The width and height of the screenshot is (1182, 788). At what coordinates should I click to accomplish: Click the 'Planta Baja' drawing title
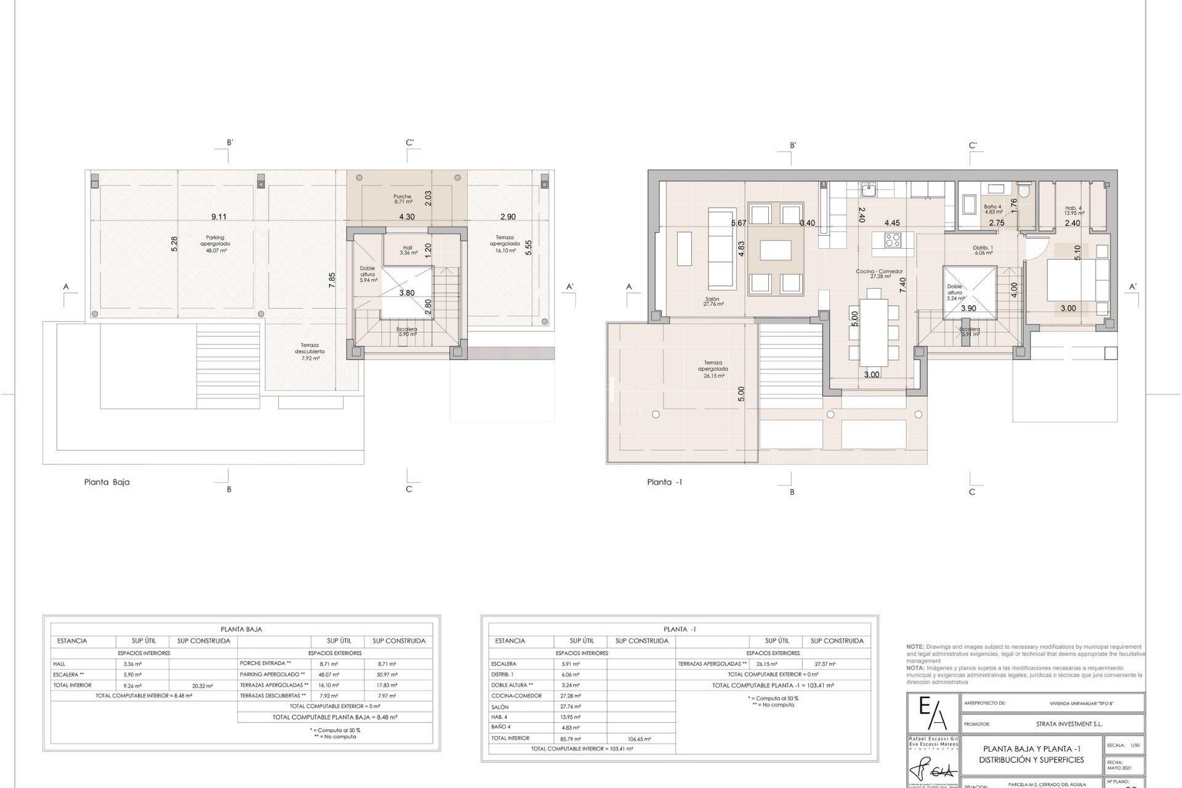(x=107, y=482)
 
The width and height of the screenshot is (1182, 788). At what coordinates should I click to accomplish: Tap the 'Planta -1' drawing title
(x=664, y=482)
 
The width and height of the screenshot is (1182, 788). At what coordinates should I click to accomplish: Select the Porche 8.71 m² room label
(x=403, y=199)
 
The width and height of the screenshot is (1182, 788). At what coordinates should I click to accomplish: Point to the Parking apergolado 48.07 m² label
(x=215, y=244)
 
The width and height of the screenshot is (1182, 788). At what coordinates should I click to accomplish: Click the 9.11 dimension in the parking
(x=219, y=217)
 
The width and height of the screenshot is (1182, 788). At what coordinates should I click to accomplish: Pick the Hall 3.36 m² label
(x=408, y=250)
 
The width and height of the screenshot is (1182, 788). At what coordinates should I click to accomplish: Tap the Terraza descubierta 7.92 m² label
(x=310, y=352)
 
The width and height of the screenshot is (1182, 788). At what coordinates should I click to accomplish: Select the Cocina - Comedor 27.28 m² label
(x=880, y=274)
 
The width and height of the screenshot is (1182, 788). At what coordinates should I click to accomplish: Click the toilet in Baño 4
(x=1023, y=190)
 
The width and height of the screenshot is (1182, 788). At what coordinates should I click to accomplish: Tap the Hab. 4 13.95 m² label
(x=1074, y=211)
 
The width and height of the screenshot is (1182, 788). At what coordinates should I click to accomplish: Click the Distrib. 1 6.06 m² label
(x=983, y=250)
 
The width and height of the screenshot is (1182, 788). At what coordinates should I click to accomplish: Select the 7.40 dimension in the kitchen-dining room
(x=903, y=285)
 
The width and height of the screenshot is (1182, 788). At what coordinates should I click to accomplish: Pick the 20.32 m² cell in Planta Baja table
(x=203, y=685)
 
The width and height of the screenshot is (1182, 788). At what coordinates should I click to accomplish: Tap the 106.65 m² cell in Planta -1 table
(x=640, y=738)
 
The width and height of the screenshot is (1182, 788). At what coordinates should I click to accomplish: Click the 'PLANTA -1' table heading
(x=679, y=629)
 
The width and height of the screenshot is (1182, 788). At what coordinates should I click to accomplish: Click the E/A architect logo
(x=933, y=714)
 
